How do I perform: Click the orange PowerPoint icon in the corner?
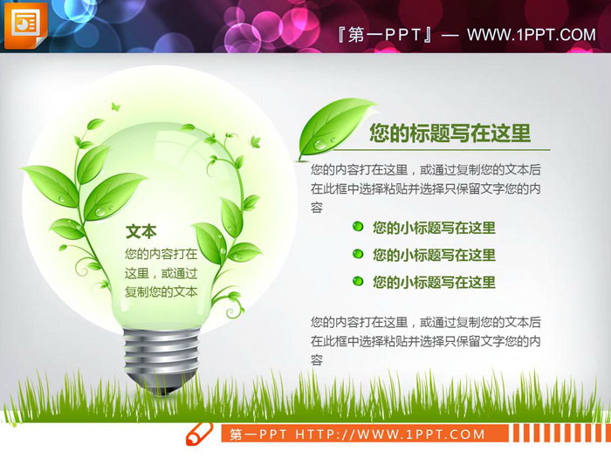25,25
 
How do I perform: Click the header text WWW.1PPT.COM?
531,35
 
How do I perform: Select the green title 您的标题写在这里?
450,133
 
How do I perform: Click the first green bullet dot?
358,227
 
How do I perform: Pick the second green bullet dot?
358,254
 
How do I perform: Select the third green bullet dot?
358,281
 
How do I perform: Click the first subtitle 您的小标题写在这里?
434,228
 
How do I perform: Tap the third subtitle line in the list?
434,282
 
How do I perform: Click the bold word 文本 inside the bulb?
141,231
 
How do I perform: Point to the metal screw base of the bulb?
155,353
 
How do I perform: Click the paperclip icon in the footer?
200,434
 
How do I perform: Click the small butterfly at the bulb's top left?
94,124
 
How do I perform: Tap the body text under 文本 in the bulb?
161,273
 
